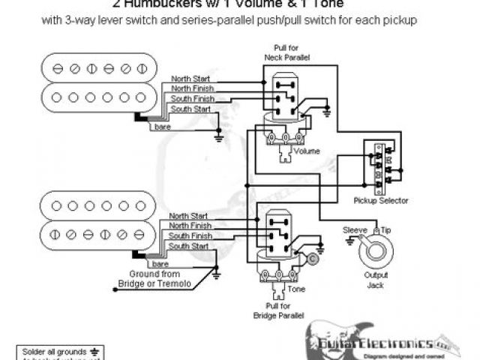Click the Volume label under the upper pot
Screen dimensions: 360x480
click(307, 151)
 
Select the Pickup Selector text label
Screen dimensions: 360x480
click(381, 201)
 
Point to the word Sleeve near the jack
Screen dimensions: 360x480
click(353, 228)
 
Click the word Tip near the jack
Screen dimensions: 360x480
click(385, 228)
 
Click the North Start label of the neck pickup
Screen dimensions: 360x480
click(189, 79)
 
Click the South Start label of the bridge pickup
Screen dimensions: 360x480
click(187, 246)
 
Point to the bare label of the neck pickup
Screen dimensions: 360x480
click(163, 127)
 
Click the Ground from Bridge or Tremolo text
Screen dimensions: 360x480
click(154, 279)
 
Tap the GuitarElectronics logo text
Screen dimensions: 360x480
click(382, 343)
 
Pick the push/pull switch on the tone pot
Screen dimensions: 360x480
click(279, 233)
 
